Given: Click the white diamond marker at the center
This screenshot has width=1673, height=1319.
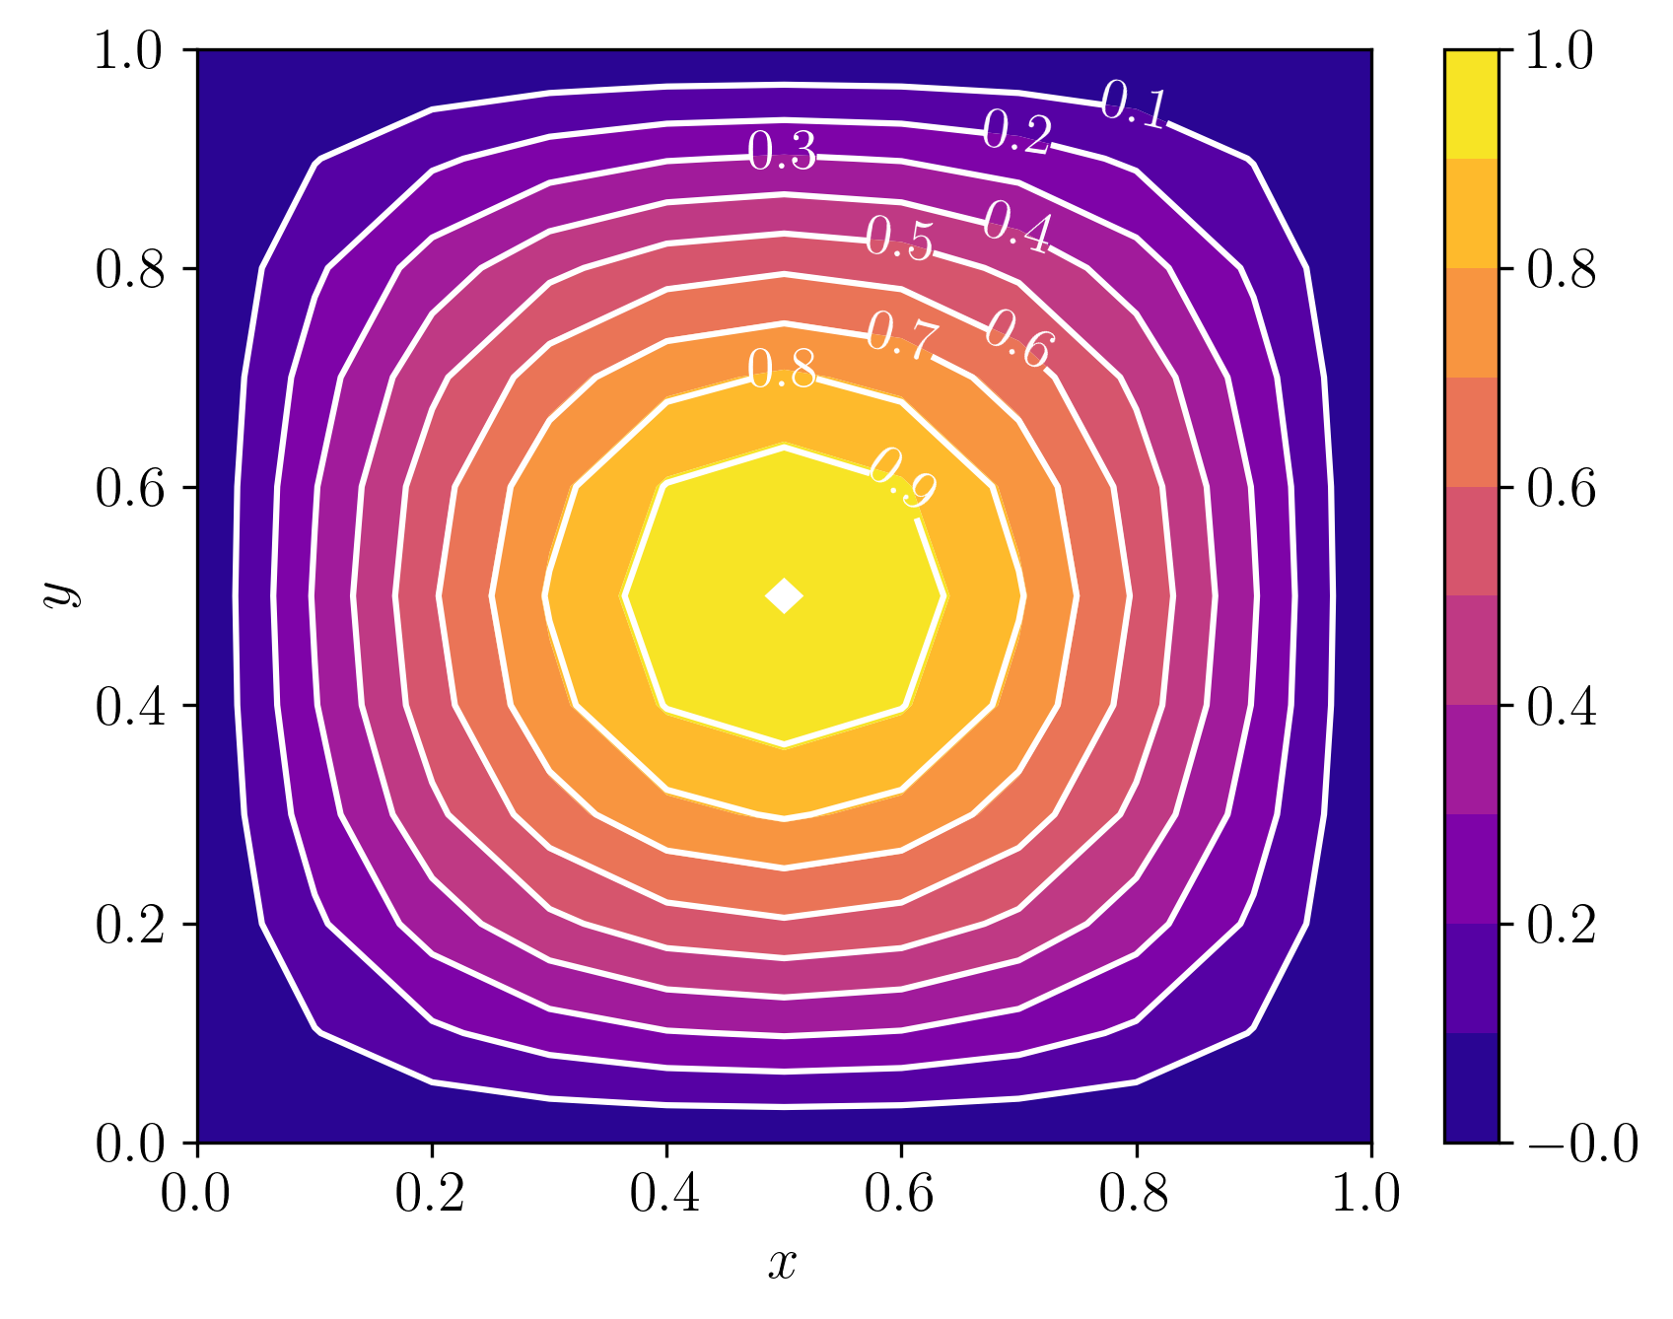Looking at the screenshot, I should [x=785, y=595].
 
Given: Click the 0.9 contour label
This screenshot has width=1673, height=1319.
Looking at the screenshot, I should [x=902, y=477].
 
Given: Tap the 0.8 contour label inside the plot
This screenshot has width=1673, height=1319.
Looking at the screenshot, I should [x=783, y=370].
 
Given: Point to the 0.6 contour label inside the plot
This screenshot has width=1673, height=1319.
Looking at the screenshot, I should [x=1019, y=339].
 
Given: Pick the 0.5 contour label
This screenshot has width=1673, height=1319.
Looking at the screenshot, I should [x=899, y=239].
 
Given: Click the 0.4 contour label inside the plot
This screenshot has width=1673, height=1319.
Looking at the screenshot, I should [x=1017, y=227].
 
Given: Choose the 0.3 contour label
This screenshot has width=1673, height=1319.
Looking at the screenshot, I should [x=783, y=152].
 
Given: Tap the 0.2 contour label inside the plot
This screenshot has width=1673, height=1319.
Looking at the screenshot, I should [x=1017, y=132].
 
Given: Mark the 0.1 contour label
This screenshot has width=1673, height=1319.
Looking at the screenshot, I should [x=1134, y=104].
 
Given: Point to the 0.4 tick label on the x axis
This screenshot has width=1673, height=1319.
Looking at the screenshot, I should [x=665, y=1195].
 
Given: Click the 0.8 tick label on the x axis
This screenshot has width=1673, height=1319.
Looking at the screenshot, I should [x=1134, y=1195].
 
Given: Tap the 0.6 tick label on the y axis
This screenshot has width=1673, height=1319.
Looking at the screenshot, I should [x=130, y=488].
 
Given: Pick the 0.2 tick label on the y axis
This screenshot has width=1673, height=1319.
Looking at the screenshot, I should [x=130, y=925].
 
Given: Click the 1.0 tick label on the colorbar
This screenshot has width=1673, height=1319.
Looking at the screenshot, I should [x=1559, y=50].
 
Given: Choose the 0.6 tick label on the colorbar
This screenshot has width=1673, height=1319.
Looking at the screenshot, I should [x=1561, y=488].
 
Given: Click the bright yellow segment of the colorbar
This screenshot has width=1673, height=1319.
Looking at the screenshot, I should [x=1471, y=104].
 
